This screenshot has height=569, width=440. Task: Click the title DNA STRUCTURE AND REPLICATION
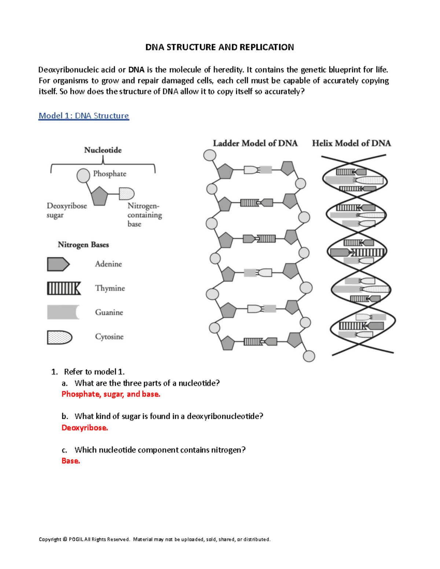pyautogui.click(x=220, y=47)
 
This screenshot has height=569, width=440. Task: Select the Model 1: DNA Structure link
pyautogui.click(x=84, y=116)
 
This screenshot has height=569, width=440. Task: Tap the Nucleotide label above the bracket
pyautogui.click(x=103, y=150)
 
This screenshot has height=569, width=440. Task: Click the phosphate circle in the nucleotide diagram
pyautogui.click(x=83, y=175)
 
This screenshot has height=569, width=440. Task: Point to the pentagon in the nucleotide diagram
pyautogui.click(x=99, y=196)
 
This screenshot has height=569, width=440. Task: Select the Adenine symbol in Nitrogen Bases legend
pyautogui.click(x=58, y=264)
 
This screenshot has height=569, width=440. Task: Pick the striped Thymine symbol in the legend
pyautogui.click(x=63, y=288)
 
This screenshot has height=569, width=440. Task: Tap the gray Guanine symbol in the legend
pyautogui.click(x=63, y=312)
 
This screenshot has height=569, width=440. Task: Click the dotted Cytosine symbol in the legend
pyautogui.click(x=59, y=337)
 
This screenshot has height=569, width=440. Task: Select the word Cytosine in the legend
pyautogui.click(x=109, y=337)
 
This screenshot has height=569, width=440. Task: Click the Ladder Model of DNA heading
pyautogui.click(x=255, y=143)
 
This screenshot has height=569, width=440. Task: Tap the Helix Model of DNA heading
pyautogui.click(x=351, y=143)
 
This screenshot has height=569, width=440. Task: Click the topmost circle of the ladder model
pyautogui.click(x=210, y=155)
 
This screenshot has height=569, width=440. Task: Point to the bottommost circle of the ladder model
pyautogui.click(x=309, y=356)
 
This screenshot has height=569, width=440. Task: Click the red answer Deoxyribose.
pyautogui.click(x=85, y=428)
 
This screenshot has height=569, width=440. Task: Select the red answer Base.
pyautogui.click(x=71, y=461)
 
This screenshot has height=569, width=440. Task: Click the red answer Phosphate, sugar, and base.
pyautogui.click(x=111, y=394)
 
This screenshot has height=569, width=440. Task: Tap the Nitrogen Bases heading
pyautogui.click(x=83, y=244)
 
